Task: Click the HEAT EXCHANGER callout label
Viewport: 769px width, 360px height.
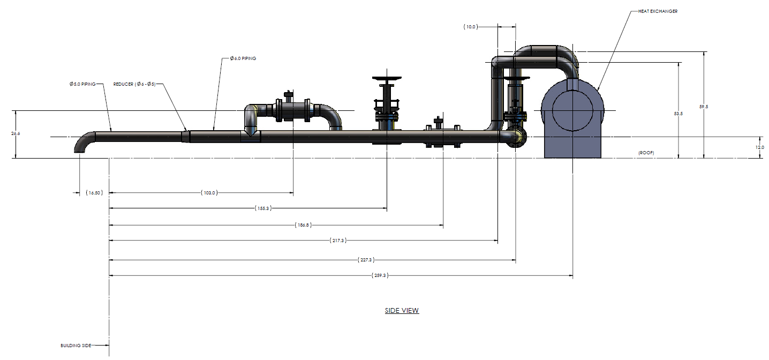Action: tap(658, 11)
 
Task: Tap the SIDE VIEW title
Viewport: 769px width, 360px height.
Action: tap(402, 310)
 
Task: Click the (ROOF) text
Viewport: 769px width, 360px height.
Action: tap(646, 153)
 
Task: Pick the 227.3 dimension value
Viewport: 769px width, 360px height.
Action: tap(366, 260)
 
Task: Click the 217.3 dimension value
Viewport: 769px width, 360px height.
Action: tap(337, 241)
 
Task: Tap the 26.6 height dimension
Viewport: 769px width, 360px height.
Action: tap(14, 134)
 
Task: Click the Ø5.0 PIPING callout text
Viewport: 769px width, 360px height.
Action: tap(82, 84)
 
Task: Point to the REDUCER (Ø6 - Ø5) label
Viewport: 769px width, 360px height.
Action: tap(134, 84)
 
